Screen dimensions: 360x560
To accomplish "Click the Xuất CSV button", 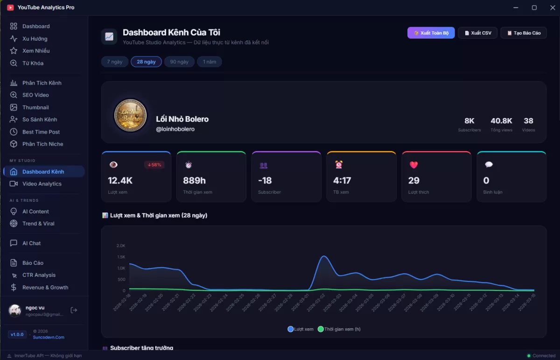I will (478, 33).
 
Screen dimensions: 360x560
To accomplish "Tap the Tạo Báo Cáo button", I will (524, 33).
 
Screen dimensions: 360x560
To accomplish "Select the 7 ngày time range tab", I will (114, 62).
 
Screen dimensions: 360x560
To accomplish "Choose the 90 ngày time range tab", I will (179, 62).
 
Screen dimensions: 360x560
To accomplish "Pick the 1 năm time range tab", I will (209, 62).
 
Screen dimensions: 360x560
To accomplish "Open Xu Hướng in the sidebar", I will (35, 39).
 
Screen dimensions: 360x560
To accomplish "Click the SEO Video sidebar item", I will (35, 95).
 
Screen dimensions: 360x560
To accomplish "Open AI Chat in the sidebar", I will (31, 243).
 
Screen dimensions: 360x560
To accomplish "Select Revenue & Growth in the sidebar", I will (45, 288).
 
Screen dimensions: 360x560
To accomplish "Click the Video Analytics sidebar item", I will (42, 184).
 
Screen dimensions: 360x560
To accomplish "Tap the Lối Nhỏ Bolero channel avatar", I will (130, 115).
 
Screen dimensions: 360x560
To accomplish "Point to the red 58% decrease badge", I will (154, 165).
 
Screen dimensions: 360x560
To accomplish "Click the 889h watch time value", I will (194, 181).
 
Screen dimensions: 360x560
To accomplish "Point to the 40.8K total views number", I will (501, 121).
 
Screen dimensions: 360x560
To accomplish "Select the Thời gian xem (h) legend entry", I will (339, 329).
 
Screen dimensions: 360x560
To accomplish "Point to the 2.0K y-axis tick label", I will (121, 246).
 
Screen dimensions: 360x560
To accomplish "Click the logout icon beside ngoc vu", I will (74, 310).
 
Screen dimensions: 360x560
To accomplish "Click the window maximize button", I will (534, 7).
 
